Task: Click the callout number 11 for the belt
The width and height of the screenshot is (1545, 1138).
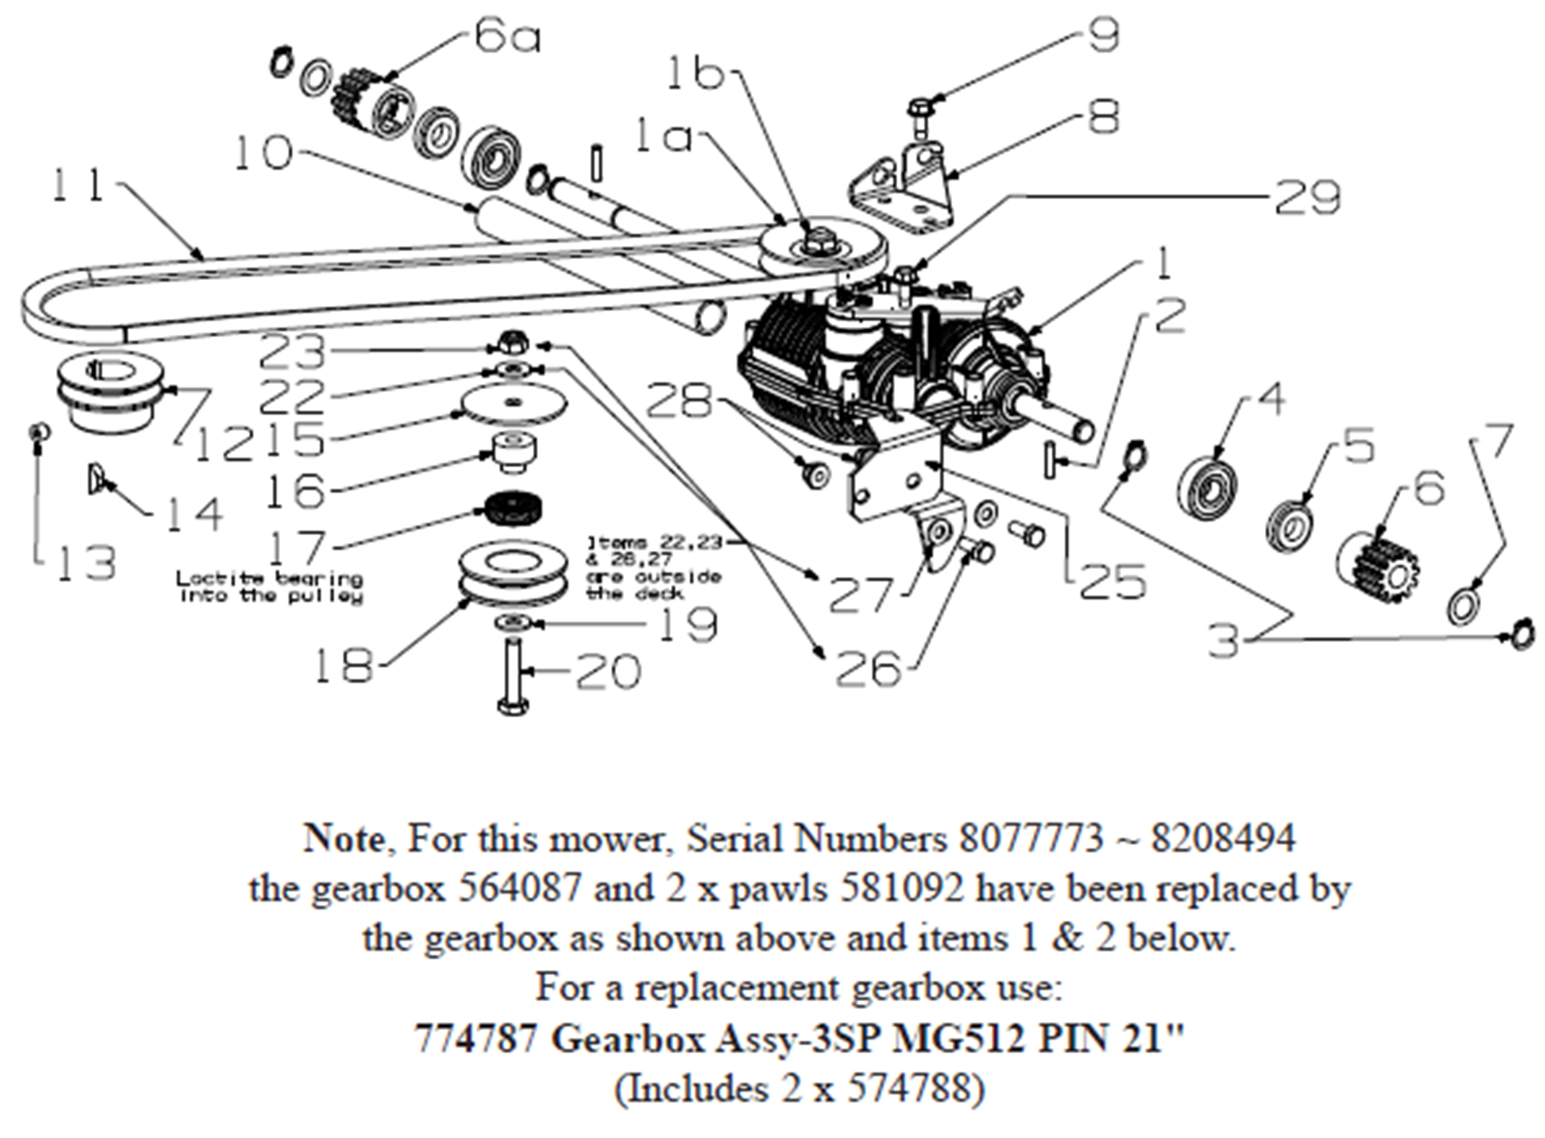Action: coord(77,184)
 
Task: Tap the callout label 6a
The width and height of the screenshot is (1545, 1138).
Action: coord(506,38)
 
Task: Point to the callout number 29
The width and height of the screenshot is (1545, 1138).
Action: coord(1307,197)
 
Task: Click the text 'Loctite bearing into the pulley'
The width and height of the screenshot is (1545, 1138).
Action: coord(269,587)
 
